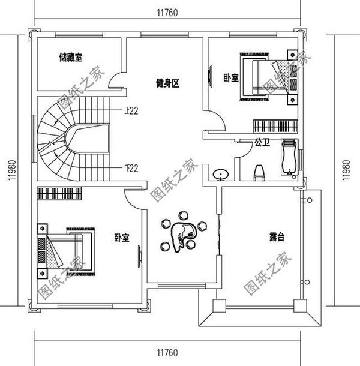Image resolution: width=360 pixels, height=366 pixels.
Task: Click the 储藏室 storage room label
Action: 71,58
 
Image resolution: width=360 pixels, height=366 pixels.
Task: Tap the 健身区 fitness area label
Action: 167,83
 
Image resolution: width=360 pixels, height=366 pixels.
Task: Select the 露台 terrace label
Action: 277,238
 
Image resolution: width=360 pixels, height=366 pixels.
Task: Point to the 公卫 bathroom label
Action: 261,143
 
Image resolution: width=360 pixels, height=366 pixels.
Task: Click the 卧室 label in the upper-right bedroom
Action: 231,77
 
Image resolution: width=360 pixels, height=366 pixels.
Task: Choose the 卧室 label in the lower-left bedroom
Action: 122,238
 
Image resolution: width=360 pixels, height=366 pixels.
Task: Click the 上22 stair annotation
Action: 132,110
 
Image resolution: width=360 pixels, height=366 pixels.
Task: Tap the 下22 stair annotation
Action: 132,167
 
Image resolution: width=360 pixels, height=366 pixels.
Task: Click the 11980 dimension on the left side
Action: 11,172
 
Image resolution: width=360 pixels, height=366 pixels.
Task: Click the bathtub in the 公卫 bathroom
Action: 289,159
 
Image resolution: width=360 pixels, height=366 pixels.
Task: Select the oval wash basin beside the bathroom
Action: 221,175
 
